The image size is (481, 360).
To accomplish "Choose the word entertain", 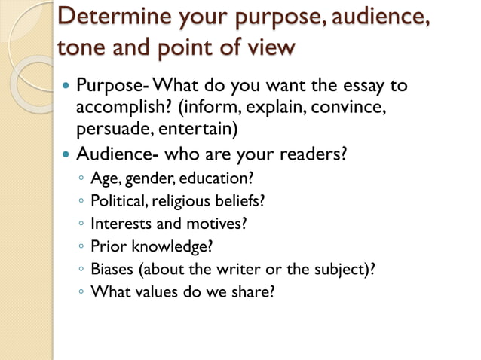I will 198,128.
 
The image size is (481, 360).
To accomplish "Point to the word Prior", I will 109,246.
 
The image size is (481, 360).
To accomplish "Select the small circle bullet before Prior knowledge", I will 81,246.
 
